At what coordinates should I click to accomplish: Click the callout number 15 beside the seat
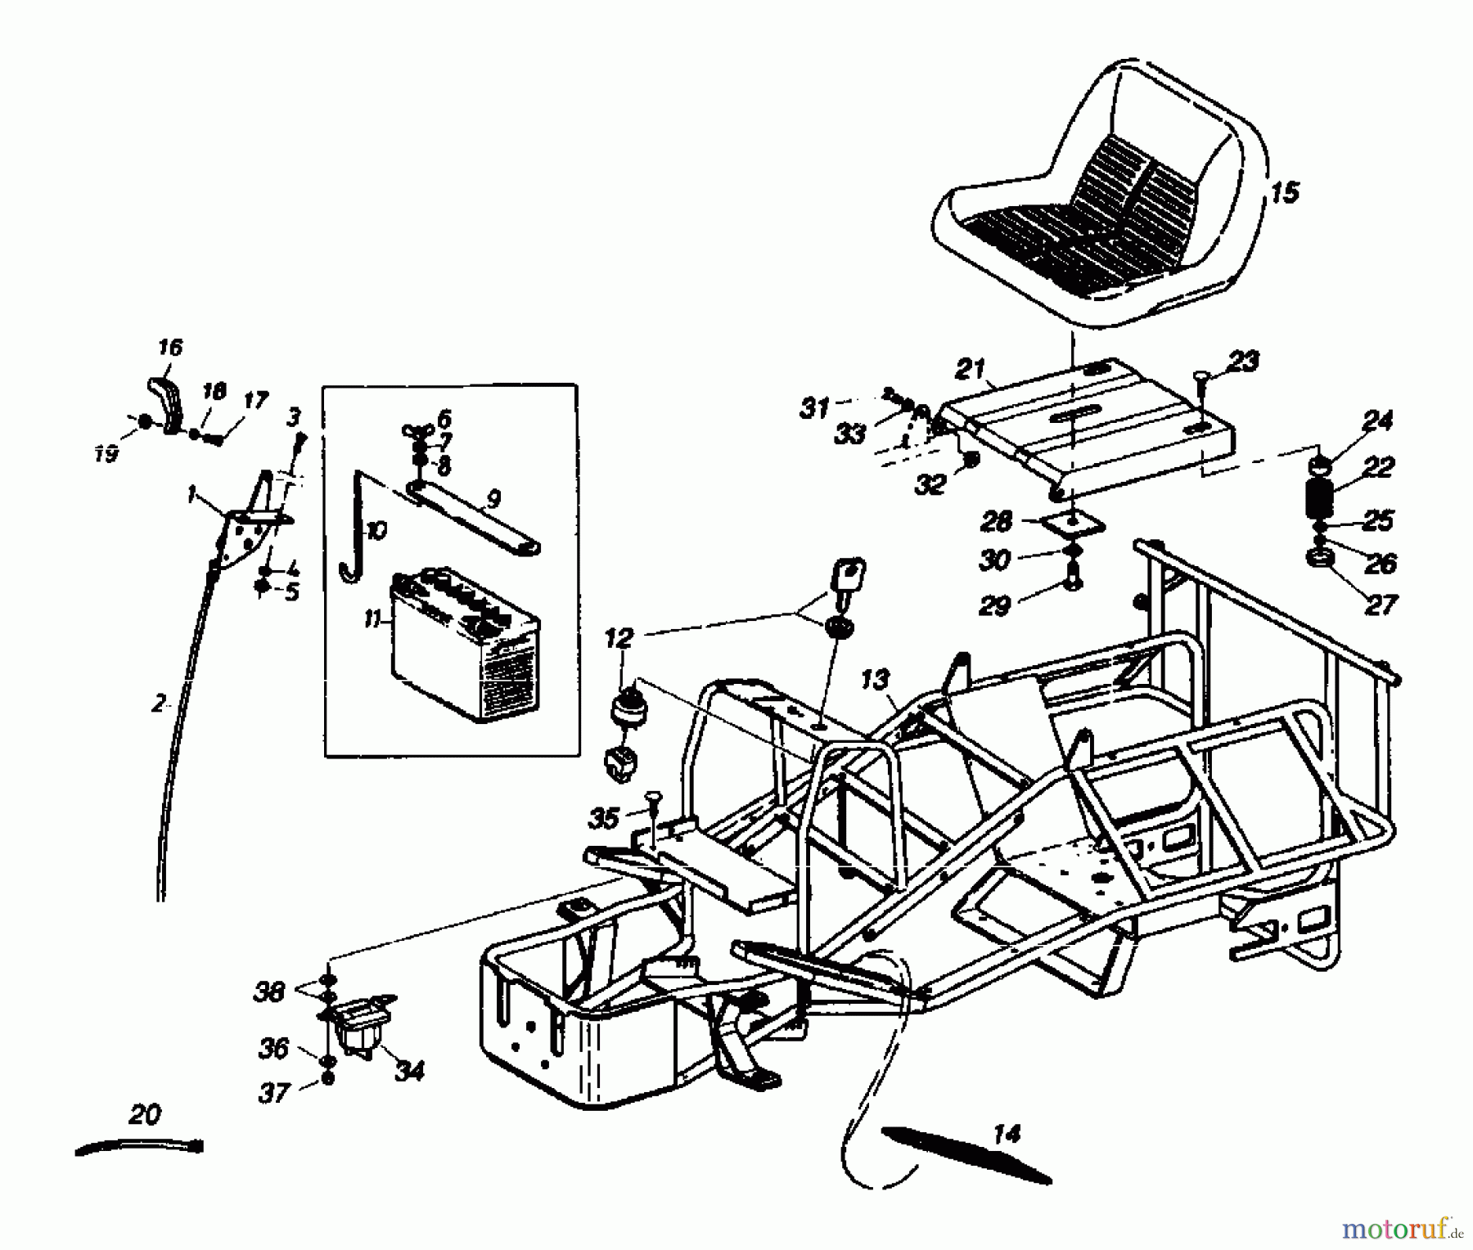point(1285,193)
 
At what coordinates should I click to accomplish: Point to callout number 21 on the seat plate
point(971,369)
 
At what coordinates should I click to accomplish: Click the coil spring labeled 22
point(1318,497)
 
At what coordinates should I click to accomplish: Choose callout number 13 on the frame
point(875,679)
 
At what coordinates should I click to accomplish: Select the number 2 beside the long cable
point(159,704)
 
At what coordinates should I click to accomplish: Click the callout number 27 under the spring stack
point(1380,605)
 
